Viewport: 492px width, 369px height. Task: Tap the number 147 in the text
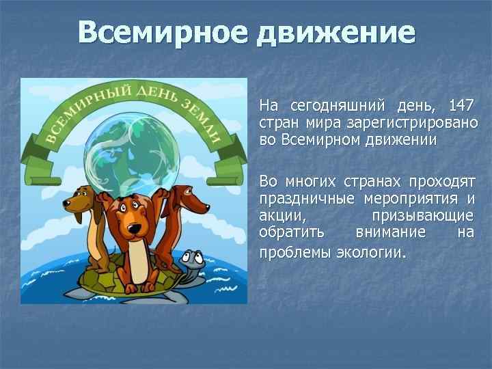[462, 106]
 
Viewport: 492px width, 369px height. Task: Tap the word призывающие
[422, 217]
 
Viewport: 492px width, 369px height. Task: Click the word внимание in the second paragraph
[392, 234]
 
